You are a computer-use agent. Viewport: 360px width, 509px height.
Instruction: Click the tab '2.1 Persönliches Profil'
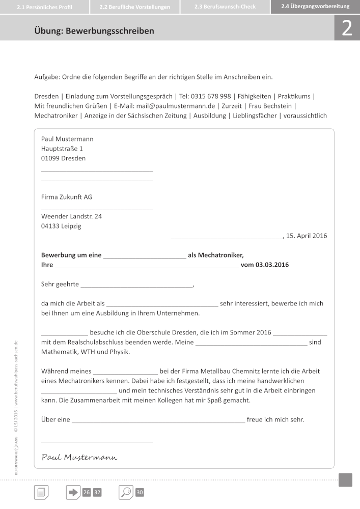coord(44,7)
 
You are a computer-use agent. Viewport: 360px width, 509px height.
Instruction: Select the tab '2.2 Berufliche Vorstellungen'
coord(134,7)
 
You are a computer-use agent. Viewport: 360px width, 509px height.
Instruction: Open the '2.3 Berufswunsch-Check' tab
coord(225,7)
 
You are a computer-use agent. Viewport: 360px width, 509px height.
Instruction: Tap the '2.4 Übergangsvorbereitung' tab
coord(315,7)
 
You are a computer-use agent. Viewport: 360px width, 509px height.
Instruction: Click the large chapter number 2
coord(347,29)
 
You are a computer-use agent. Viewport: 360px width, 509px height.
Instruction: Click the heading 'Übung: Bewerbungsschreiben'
coord(94,31)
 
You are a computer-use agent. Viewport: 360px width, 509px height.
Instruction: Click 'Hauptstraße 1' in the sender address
coord(62,149)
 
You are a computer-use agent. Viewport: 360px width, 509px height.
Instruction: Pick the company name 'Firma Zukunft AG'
coord(67,197)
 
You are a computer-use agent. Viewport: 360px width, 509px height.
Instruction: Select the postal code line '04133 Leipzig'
coord(61,226)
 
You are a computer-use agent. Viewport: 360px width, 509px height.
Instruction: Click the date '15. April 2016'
coord(307,236)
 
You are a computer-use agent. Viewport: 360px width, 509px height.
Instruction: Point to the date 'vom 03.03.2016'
coord(265,265)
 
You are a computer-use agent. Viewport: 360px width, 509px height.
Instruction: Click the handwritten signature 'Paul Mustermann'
coord(79,457)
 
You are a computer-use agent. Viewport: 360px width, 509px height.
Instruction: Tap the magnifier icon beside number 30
coord(126,492)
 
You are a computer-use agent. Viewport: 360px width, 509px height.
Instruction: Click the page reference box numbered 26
coord(87,492)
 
